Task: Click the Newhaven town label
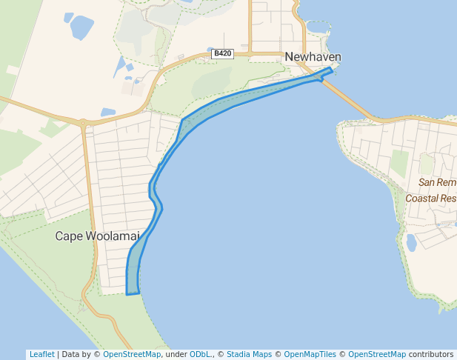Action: (313, 57)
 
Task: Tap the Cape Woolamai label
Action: (97, 236)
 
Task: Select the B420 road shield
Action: (222, 53)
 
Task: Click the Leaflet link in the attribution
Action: (41, 354)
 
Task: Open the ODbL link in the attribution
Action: (200, 354)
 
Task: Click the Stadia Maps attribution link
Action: (249, 354)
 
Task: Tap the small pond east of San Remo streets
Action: (411, 242)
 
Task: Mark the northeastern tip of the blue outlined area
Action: (330, 68)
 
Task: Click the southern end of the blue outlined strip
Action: (133, 293)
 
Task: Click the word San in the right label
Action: (427, 182)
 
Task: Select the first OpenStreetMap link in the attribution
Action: (131, 354)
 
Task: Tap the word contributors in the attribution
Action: (431, 354)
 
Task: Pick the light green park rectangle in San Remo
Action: (399, 164)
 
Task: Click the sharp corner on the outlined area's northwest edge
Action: (181, 119)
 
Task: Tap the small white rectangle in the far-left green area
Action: (13, 70)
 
